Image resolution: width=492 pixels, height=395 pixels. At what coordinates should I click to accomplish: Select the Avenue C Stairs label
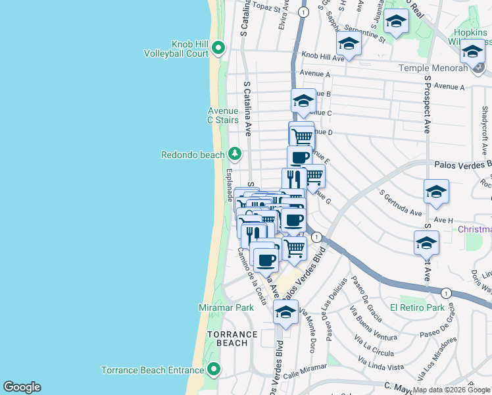pyautogui.click(x=223, y=115)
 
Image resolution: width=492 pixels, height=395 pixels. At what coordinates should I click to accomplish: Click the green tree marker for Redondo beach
pyautogui.click(x=235, y=155)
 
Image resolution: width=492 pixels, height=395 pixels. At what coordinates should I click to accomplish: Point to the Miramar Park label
pyautogui.click(x=226, y=307)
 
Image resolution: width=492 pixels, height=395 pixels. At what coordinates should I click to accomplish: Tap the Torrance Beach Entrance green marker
pyautogui.click(x=213, y=370)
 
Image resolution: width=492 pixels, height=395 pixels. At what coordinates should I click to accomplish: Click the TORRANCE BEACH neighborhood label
pyautogui.click(x=228, y=338)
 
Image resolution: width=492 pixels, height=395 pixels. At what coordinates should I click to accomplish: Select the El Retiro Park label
pyautogui.click(x=417, y=307)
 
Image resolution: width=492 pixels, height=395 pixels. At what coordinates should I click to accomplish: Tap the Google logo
pyautogui.click(x=22, y=387)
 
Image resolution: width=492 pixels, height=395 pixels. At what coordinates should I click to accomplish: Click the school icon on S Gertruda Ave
pyautogui.click(x=436, y=192)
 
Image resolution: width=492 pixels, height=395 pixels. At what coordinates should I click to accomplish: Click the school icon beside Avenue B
pyautogui.click(x=303, y=101)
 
